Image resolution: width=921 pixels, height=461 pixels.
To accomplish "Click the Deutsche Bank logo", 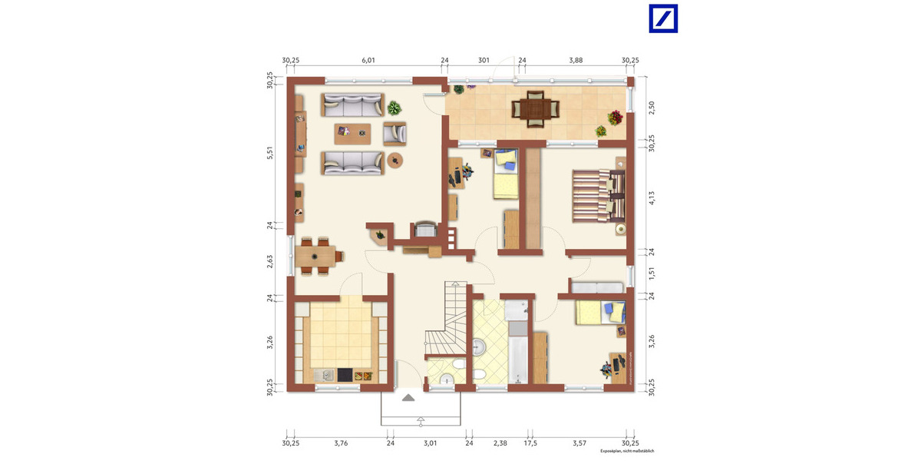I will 664,18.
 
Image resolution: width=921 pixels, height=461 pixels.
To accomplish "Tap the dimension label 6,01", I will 368,60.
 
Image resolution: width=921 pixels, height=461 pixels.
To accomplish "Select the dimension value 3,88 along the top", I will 576,60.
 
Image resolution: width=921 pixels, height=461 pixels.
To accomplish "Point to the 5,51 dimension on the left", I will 270,152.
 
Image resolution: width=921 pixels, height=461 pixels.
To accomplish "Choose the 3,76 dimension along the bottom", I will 341,443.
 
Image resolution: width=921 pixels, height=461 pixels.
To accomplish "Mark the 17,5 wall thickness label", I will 530,443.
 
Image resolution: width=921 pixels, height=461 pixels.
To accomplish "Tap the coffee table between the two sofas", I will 352,133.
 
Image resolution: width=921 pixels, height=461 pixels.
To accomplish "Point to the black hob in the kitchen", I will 345,375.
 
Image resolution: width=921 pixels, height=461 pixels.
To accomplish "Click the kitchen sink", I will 325,375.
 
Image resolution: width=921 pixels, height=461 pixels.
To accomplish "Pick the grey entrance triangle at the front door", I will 408,397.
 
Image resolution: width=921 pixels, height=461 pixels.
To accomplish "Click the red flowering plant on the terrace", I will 615,118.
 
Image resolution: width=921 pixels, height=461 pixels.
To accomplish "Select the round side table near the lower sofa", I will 396,160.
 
